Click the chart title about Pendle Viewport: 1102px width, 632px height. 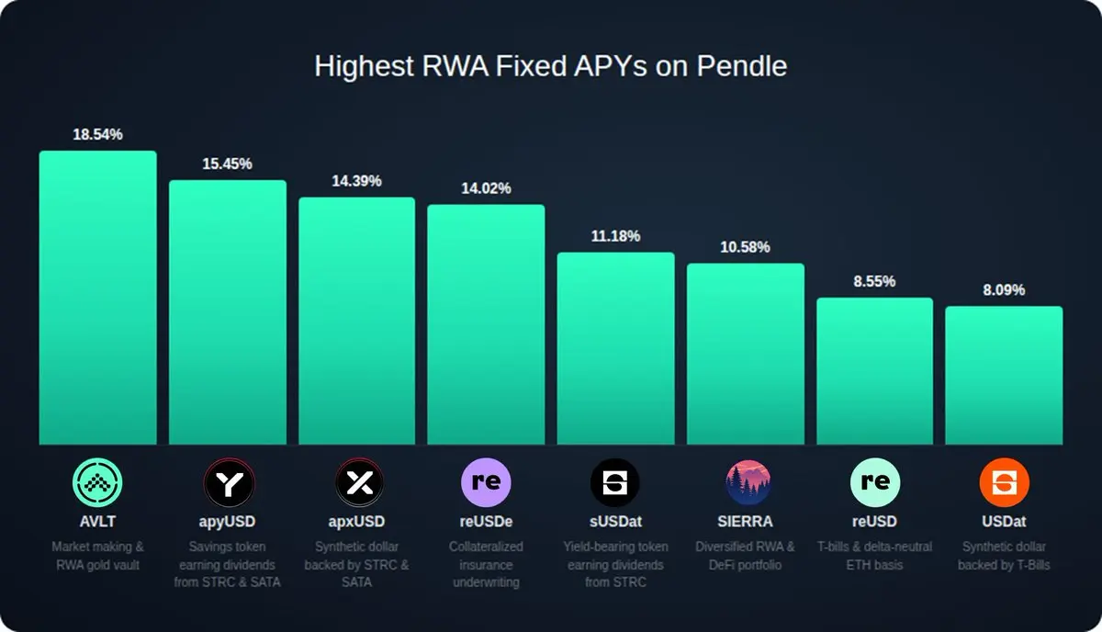[x=550, y=67]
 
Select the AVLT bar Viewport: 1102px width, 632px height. [x=97, y=299]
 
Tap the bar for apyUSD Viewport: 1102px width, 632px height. [x=227, y=312]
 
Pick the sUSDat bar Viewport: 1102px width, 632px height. [x=615, y=349]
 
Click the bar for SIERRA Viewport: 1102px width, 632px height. [x=745, y=355]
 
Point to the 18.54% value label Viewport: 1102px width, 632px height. [x=97, y=135]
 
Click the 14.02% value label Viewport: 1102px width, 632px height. [x=486, y=188]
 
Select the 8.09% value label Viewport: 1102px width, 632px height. [x=1004, y=290]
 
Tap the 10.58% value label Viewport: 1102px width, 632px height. [x=745, y=247]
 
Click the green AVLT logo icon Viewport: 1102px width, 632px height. [x=97, y=482]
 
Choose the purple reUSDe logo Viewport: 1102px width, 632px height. [x=486, y=482]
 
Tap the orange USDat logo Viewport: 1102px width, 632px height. [x=1004, y=482]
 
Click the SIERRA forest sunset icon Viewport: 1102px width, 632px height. [x=745, y=482]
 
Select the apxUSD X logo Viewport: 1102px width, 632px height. [x=356, y=482]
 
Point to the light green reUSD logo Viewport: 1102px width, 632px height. [x=874, y=482]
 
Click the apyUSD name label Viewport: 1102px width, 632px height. [x=227, y=522]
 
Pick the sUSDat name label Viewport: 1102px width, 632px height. [x=615, y=522]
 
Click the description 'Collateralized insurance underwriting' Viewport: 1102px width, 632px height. [x=486, y=564]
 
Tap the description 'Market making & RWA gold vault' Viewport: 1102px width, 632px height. [x=97, y=556]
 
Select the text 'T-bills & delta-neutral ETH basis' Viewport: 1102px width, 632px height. [x=874, y=556]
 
